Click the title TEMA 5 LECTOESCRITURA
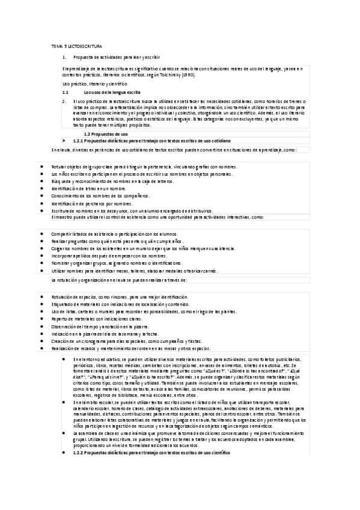(x=76, y=46)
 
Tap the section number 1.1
(x=66, y=93)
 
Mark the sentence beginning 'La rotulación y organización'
(x=120, y=280)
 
